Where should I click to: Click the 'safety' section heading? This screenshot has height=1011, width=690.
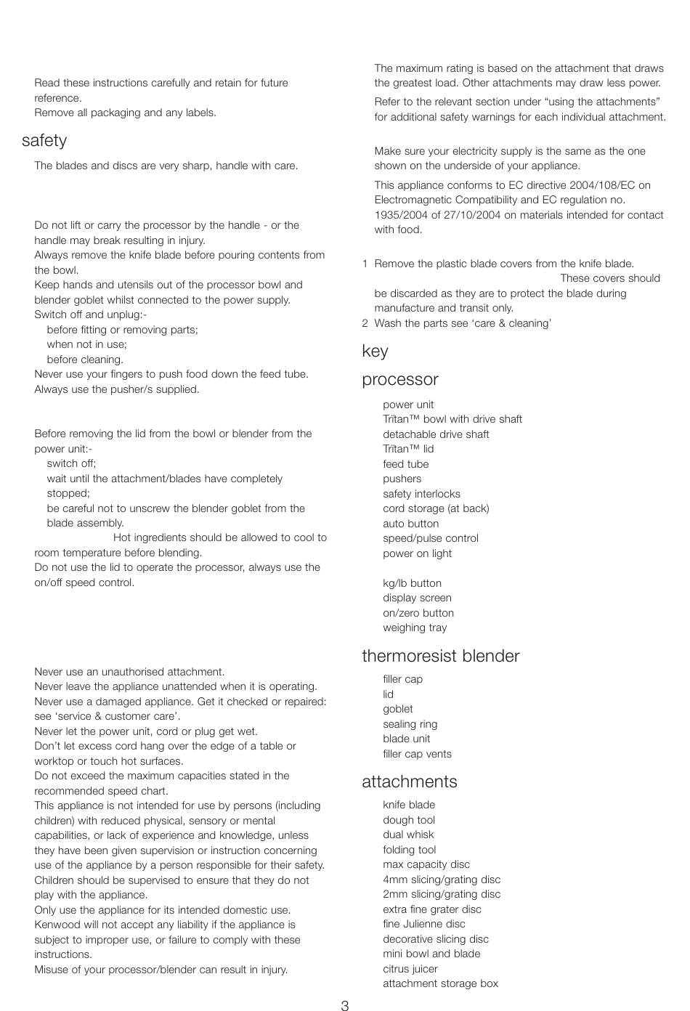click(x=44, y=141)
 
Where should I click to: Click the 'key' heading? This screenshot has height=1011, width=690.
click(x=375, y=352)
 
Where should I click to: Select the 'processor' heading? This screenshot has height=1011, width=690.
click(x=400, y=380)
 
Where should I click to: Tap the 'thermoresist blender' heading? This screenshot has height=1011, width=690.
click(x=440, y=657)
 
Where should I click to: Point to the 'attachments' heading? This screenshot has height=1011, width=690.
click(x=410, y=782)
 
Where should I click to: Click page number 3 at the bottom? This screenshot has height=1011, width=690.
click(x=345, y=1006)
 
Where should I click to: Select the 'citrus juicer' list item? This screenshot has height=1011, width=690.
click(x=410, y=969)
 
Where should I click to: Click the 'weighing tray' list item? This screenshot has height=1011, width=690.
click(x=415, y=628)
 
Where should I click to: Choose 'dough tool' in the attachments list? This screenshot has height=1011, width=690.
click(x=409, y=820)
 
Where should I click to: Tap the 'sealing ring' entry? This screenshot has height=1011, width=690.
click(x=410, y=724)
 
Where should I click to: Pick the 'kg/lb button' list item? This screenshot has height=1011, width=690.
click(x=412, y=583)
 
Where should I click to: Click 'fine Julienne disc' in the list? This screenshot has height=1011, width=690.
click(x=424, y=924)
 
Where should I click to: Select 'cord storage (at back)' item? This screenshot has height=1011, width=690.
click(x=436, y=508)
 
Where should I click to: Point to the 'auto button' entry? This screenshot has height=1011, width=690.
click(x=410, y=524)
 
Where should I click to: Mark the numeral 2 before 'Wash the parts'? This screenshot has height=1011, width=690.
click(x=365, y=323)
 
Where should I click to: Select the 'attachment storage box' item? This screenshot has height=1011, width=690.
click(x=440, y=983)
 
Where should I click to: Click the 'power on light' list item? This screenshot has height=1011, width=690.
click(x=417, y=553)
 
